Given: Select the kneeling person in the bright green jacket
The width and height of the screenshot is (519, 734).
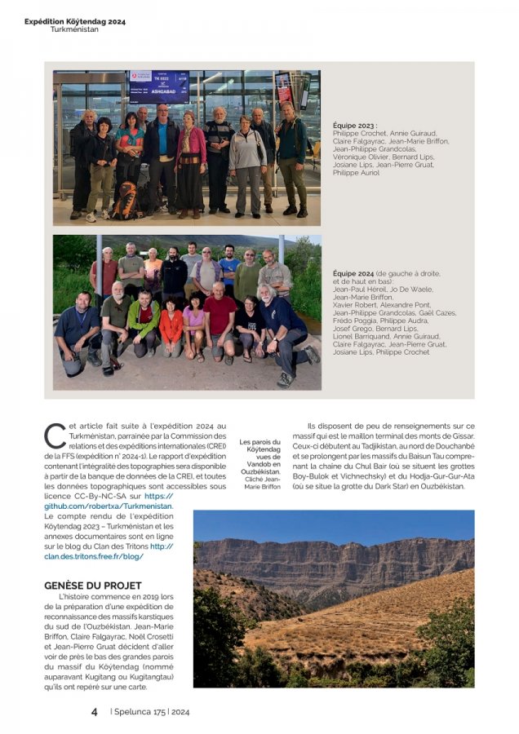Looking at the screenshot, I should [x=144, y=324].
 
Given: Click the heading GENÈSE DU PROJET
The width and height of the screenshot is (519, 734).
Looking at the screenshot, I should [x=92, y=586].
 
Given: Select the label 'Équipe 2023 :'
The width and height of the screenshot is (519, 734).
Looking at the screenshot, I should [x=355, y=126].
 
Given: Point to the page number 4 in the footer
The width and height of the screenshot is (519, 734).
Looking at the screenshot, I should [x=95, y=711].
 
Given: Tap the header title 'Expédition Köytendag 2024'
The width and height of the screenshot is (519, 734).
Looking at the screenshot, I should [x=75, y=21].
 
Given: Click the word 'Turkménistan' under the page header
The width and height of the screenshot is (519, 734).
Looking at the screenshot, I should [x=74, y=29].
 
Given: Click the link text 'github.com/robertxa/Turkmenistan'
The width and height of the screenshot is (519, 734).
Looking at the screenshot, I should [x=109, y=506].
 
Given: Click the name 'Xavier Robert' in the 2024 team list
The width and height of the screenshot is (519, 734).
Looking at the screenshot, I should [x=357, y=304].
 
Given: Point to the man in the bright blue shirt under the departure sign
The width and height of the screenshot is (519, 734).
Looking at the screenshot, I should [x=162, y=151].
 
